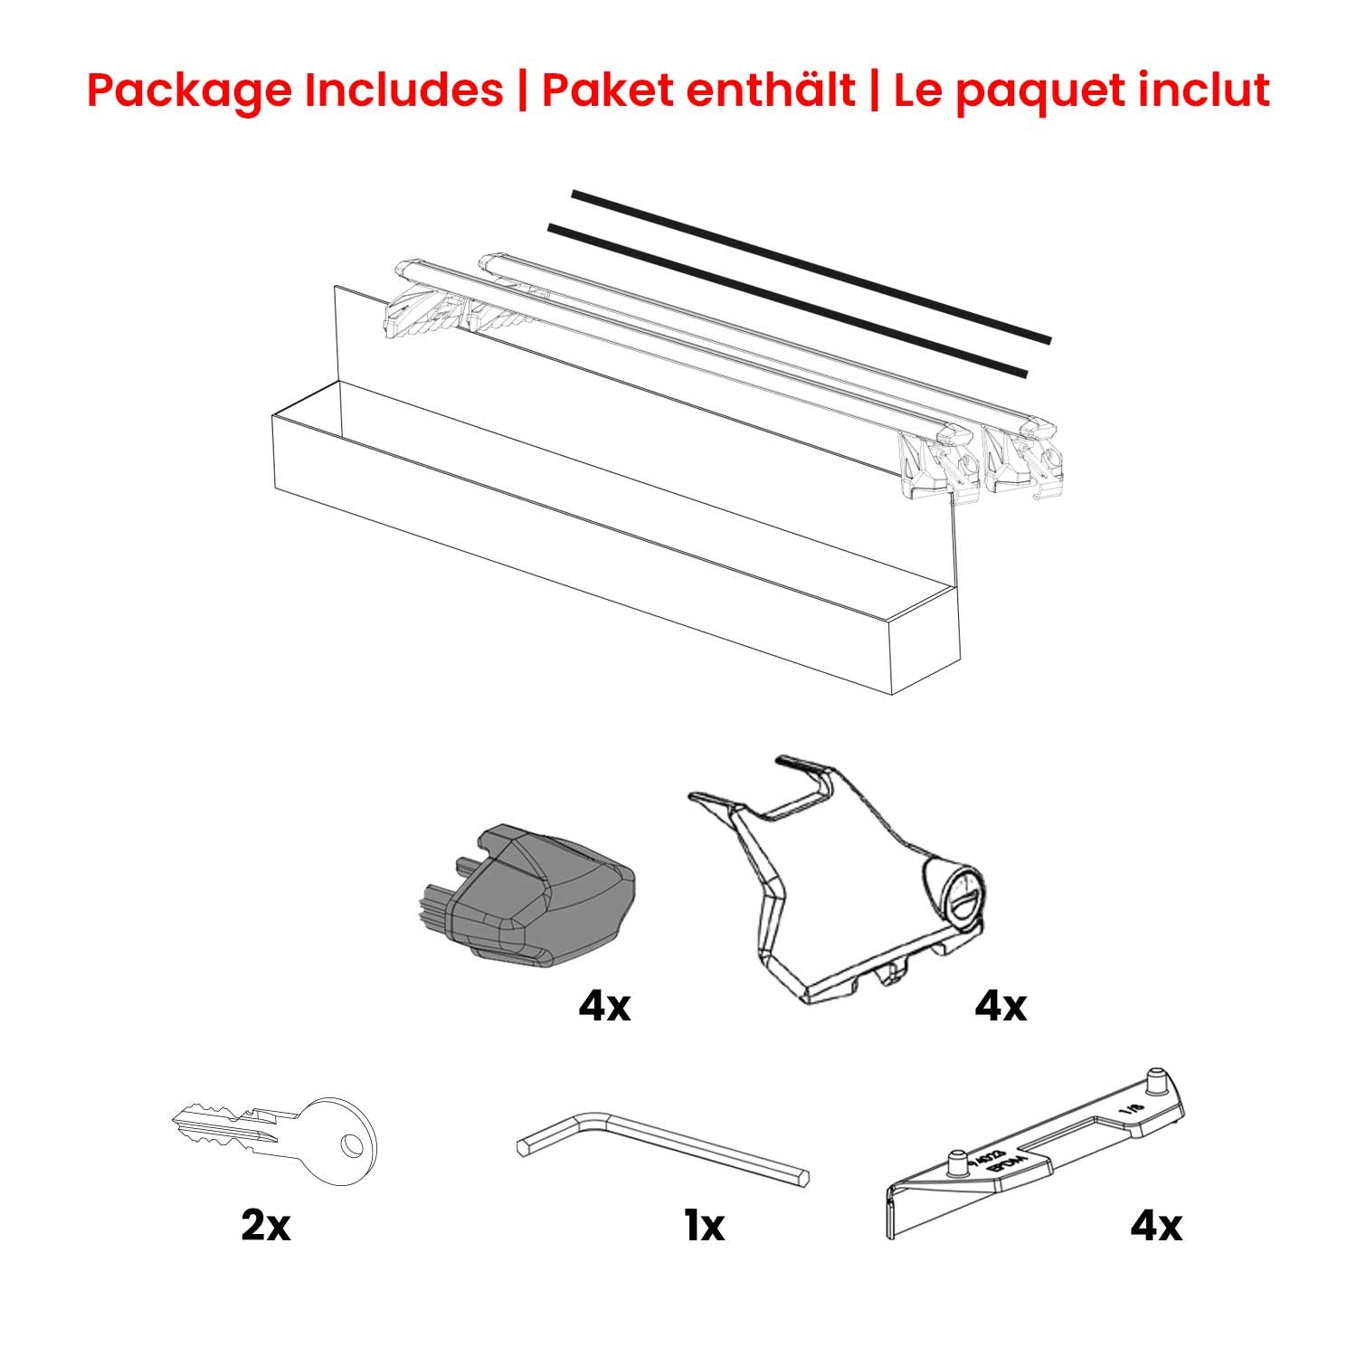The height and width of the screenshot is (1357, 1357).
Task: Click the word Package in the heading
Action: tap(191, 90)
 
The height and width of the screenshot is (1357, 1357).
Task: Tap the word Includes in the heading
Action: tap(403, 90)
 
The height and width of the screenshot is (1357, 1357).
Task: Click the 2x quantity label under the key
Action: tap(265, 1226)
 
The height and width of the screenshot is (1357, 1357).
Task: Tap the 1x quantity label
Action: tap(704, 1226)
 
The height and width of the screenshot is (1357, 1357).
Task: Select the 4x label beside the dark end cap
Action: tap(604, 1005)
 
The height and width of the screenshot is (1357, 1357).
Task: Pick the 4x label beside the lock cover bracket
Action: tap(1001, 1005)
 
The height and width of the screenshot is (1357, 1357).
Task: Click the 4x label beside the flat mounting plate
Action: tap(1155, 1226)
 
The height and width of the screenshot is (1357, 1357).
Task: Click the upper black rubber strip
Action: tap(814, 267)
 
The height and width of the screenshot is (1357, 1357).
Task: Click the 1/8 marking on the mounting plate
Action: tap(1127, 1107)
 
